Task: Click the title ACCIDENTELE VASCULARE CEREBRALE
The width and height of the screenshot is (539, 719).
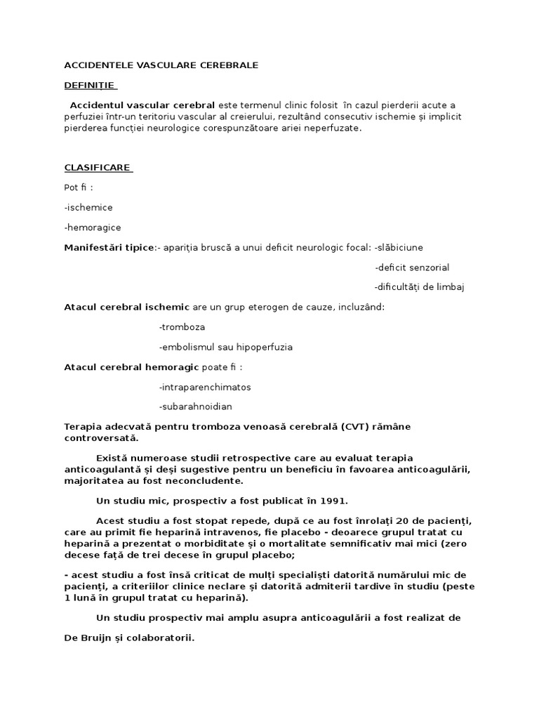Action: [161, 65]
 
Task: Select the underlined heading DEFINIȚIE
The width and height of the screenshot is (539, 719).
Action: [89, 85]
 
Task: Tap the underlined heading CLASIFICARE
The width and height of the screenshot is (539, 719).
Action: [98, 168]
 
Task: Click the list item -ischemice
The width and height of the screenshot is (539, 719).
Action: [88, 208]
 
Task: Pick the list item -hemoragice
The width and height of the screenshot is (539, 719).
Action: [93, 227]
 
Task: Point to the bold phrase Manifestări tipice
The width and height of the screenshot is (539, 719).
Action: [109, 248]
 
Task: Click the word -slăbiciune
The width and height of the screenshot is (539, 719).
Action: [399, 248]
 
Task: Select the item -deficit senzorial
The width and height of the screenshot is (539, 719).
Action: [412, 268]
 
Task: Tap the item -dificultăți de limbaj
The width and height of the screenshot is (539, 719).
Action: [420, 287]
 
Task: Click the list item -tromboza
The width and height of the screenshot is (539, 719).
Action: [182, 327]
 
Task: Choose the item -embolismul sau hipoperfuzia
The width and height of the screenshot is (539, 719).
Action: [225, 347]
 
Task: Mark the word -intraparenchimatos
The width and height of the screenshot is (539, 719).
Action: [205, 387]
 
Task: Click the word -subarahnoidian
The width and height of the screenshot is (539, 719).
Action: [196, 407]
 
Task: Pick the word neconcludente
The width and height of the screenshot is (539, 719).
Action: [207, 481]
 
